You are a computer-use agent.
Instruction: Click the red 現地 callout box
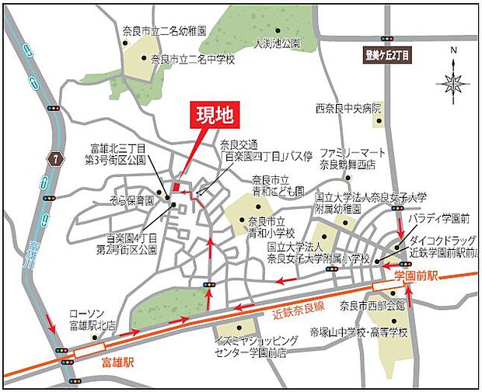pos(213,117)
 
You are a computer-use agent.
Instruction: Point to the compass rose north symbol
pos(453,81)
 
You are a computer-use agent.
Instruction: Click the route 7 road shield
pos(54,160)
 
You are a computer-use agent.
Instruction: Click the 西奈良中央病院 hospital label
pos(349,108)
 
